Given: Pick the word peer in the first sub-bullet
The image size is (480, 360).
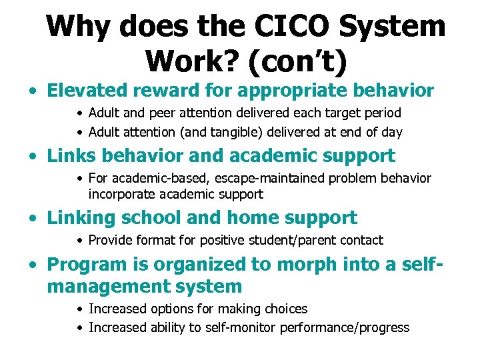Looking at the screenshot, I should (x=164, y=113).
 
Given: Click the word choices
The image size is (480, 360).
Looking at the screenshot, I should (x=285, y=309).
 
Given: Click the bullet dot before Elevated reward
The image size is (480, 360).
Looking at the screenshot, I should (x=31, y=91).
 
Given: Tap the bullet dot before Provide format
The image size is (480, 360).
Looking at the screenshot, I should (x=80, y=241).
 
